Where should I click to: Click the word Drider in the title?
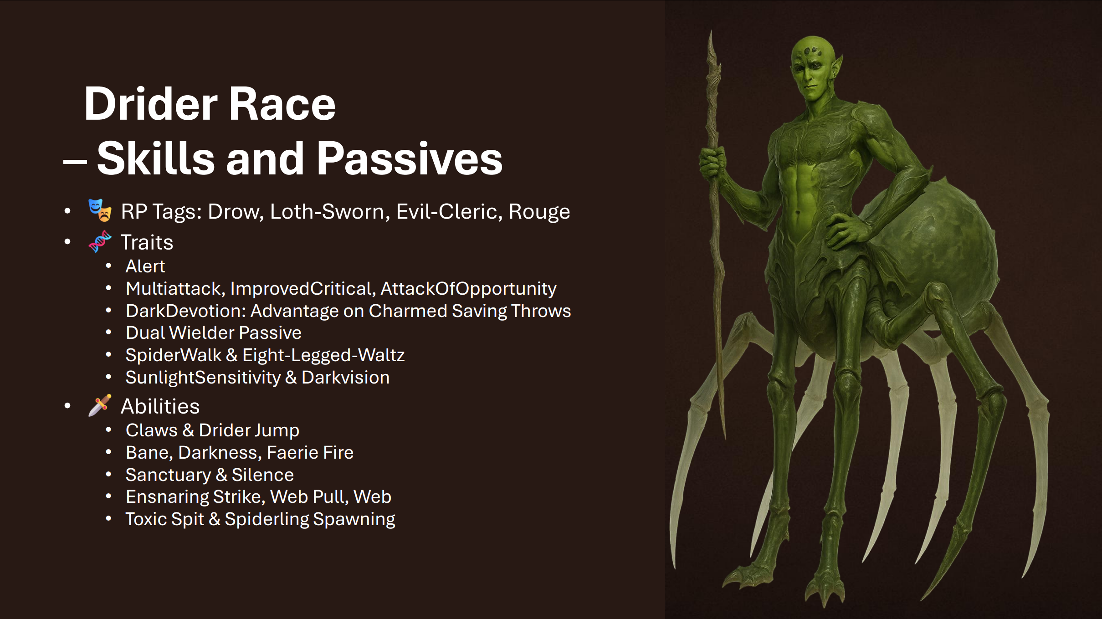pos(151,104)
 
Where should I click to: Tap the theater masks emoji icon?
pos(100,210)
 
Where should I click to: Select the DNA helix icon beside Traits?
pos(100,241)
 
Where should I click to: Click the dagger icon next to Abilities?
pos(100,405)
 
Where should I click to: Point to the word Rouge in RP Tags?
pos(539,212)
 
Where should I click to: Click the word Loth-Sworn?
pos(327,211)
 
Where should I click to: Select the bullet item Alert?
pos(145,266)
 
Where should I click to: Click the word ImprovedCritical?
pos(302,289)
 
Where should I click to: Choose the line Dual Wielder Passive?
pos(214,333)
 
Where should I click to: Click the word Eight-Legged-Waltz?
pos(323,355)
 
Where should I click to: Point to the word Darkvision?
pos(346,377)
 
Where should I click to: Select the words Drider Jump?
pos(249,430)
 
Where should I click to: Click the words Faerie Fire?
pos(310,452)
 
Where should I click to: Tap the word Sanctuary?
pos(169,475)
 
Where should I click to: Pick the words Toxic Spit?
pos(165,519)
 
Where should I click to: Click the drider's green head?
pos(813,68)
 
